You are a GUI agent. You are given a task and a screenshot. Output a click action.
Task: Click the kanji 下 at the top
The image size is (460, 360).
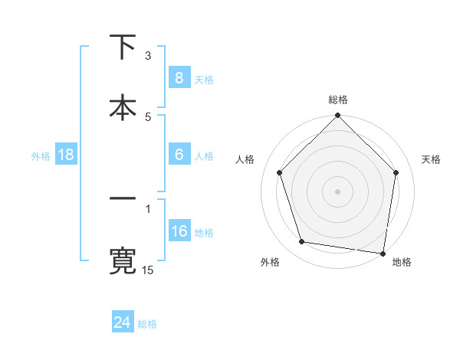tap(123, 47)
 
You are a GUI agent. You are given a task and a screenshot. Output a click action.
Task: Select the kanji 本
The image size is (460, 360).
tap(123, 106)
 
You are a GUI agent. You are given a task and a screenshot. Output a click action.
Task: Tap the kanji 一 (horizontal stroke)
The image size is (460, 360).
tap(123, 199)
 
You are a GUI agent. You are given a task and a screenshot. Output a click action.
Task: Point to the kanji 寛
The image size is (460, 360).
tap(123, 260)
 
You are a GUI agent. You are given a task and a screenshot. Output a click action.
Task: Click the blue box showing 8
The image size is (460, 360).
tap(179, 78)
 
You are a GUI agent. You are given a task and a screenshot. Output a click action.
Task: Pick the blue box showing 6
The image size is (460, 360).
tap(179, 155)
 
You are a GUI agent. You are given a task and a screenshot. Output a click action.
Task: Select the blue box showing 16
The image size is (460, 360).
tap(179, 231)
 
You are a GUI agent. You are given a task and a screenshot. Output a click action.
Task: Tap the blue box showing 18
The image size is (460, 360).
tap(66, 155)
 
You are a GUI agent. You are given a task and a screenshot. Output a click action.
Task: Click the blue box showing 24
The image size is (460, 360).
tap(122, 322)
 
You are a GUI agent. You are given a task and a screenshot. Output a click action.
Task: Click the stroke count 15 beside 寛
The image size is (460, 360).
tap(149, 270)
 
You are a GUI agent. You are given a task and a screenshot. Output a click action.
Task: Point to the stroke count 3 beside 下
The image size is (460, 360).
tap(148, 55)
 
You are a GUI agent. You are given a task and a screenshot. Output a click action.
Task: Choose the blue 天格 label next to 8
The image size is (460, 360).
tap(204, 80)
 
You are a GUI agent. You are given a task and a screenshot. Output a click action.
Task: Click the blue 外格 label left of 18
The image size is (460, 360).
tap(41, 156)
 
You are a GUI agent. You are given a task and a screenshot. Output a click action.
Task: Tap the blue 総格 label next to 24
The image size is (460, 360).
tap(147, 324)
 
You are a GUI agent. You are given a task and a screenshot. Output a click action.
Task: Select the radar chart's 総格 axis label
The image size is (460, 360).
tap(338, 100)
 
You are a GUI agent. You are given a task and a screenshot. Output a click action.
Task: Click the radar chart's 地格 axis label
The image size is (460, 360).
tap(402, 263)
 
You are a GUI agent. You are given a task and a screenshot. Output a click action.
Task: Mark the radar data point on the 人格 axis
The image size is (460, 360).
tap(280, 172)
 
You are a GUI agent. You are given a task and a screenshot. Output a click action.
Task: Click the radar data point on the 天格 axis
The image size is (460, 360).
tap(396, 172)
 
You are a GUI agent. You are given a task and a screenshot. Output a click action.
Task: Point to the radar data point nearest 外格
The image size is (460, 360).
tap(302, 242)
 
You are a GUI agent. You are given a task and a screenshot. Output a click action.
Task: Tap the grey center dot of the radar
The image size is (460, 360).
tap(337, 191)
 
